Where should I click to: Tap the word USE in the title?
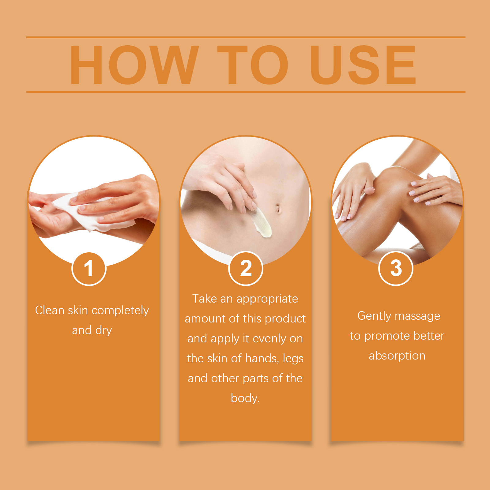coord(363,65)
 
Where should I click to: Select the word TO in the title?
coord(253,65)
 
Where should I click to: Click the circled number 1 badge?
coord(89,269)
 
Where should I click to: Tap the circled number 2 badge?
coord(246,269)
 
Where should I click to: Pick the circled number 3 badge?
coord(396,269)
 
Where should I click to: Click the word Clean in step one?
coord(50,310)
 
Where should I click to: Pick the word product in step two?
coord(285,319)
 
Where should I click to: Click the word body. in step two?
coord(245,398)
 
